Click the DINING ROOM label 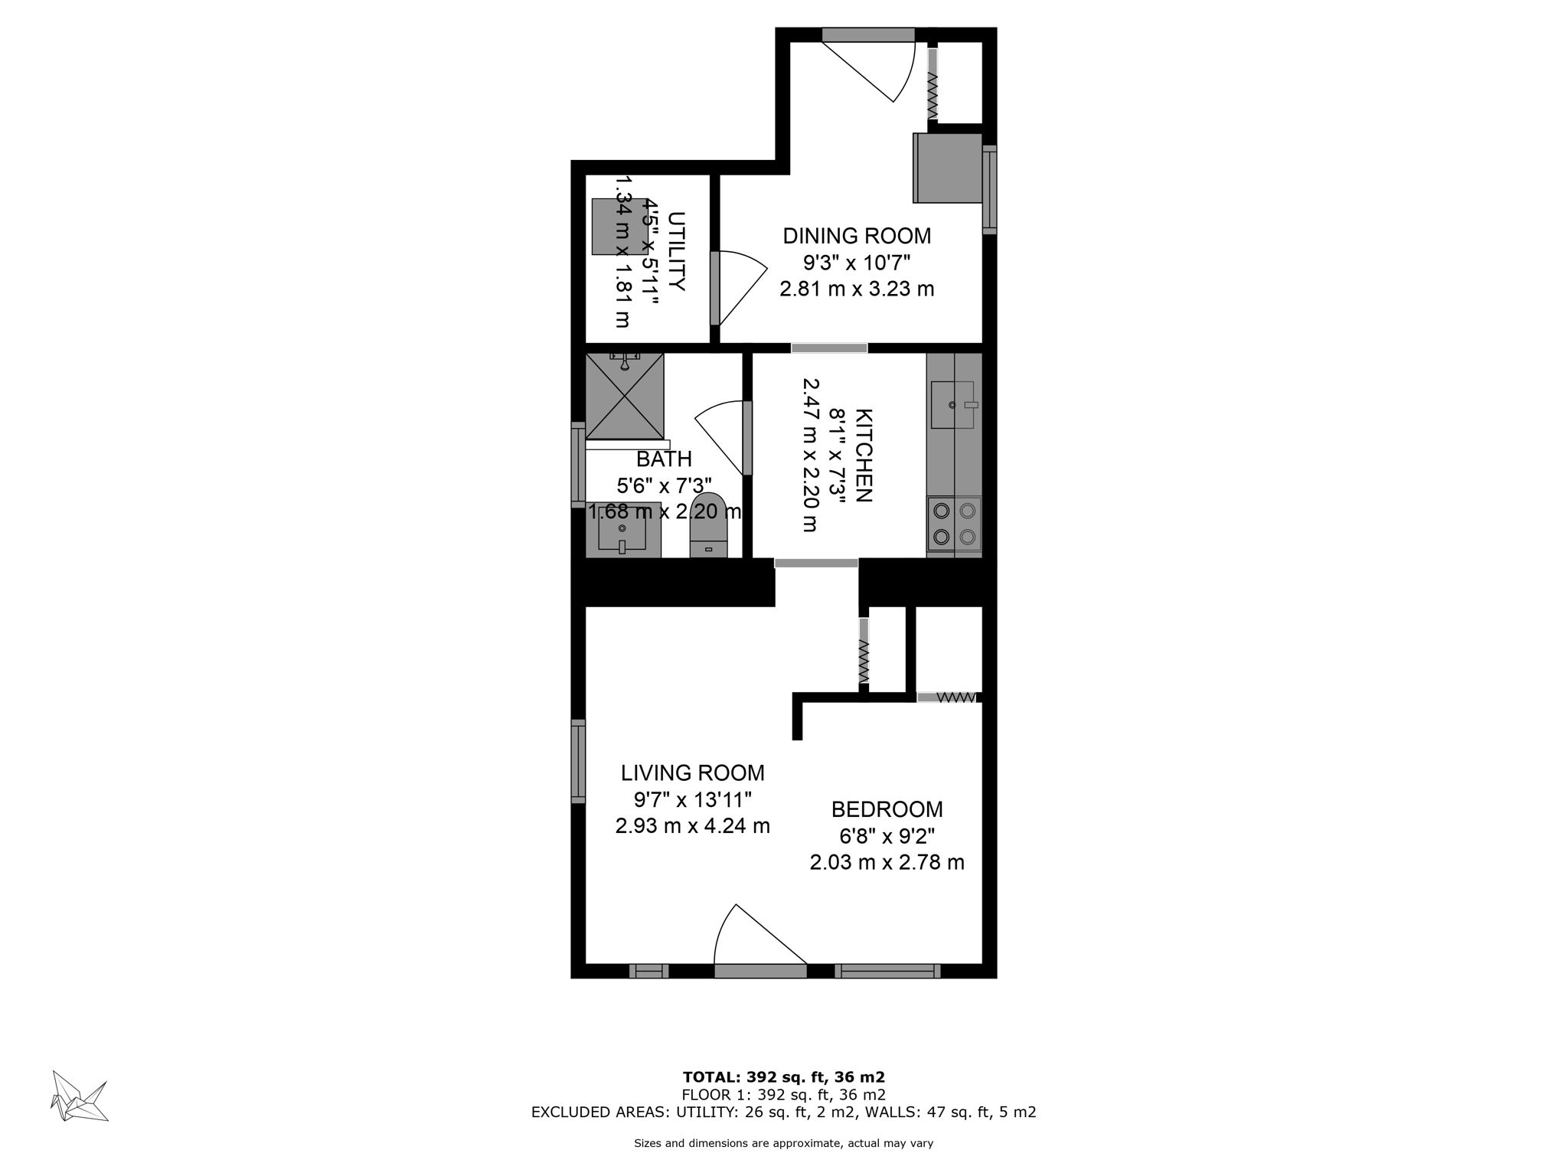(x=856, y=236)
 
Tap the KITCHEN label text (x=864, y=456)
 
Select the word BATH (x=664, y=459)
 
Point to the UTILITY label (x=676, y=251)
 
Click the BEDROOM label (x=887, y=809)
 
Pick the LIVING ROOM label (x=692, y=773)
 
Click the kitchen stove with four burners (x=954, y=524)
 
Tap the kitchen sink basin (x=952, y=404)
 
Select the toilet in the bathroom (x=708, y=528)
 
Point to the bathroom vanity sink (x=622, y=530)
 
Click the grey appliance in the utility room (x=619, y=227)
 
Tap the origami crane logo (x=79, y=1096)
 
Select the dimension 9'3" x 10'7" (x=856, y=263)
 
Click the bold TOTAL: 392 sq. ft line (x=783, y=1077)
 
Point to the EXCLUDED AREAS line (x=783, y=1112)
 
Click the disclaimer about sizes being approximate (x=783, y=1144)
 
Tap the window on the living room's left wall (x=578, y=762)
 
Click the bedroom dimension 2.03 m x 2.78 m (x=887, y=863)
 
